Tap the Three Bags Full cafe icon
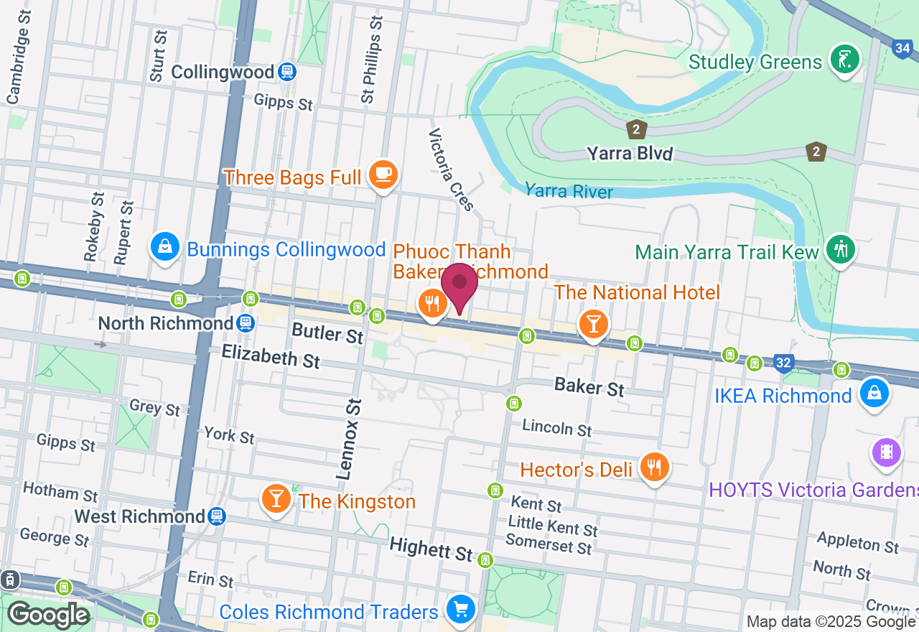pos(383,174)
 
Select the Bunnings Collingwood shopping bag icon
pos(165,247)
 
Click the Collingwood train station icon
pos(287,72)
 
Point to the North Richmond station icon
pos(246,322)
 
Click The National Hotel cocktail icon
pos(593,325)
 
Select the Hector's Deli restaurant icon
pos(653,468)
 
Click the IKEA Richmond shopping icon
pos(874,393)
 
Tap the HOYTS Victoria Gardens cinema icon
pos(886,452)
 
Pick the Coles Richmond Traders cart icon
pos(459,610)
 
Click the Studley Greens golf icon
pos(845,59)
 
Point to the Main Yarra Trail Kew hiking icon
pos(840,248)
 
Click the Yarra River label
pos(569,191)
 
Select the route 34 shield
pos(902,49)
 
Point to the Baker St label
pos(589,387)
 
